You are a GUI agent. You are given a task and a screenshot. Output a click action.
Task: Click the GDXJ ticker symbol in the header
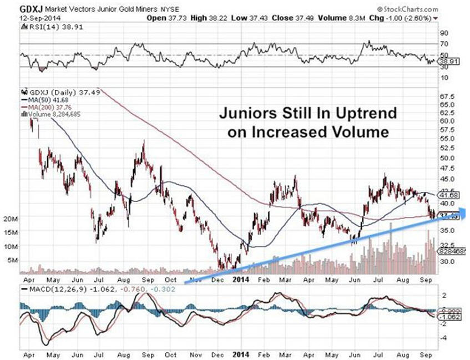tap(30, 9)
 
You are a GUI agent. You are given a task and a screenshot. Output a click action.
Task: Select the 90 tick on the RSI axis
tap(444, 33)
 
